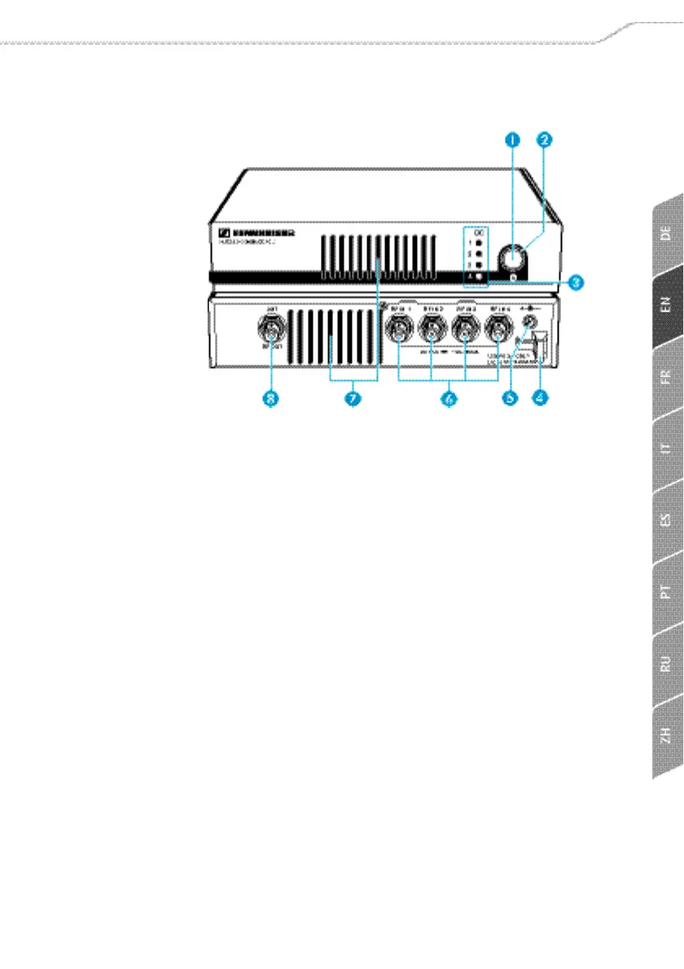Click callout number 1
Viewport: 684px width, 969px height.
click(x=512, y=139)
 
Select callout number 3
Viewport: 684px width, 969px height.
click(x=575, y=282)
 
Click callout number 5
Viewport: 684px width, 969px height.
click(x=510, y=399)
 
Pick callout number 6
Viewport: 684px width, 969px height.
click(x=447, y=399)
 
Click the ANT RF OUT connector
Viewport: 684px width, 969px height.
click(x=269, y=331)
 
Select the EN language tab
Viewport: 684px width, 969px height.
click(x=666, y=306)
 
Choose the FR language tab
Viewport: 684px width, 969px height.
click(x=666, y=377)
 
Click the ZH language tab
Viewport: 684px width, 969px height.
click(x=666, y=735)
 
